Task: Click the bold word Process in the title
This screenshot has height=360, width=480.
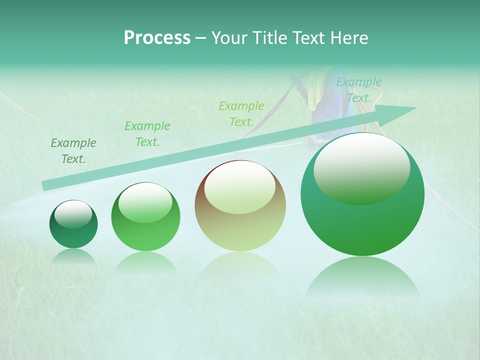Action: tap(157, 38)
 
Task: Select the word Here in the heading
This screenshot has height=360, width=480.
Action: tap(350, 38)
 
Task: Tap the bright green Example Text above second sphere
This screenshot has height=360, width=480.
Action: tap(147, 134)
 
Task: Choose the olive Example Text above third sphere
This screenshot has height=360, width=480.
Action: tap(241, 113)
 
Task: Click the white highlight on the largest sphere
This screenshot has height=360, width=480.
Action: tap(361, 167)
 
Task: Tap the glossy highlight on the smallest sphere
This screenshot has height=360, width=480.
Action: tap(73, 214)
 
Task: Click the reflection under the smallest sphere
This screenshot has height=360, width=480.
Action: tap(73, 256)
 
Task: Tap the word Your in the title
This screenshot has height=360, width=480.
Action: tap(226, 38)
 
